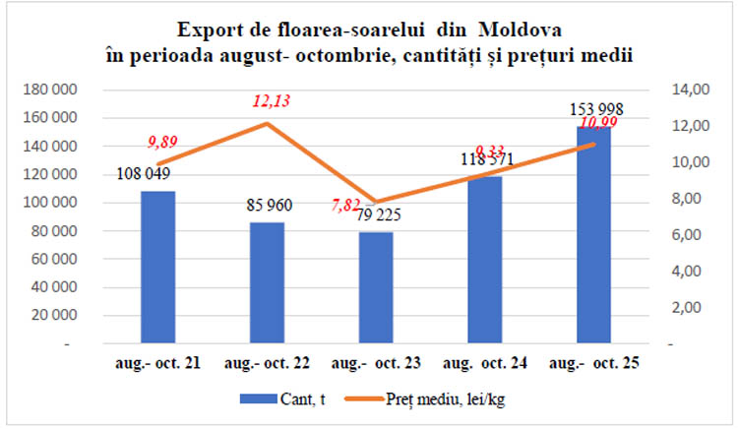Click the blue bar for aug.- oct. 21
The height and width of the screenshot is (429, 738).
(157, 268)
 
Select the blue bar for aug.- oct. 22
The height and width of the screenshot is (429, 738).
(268, 283)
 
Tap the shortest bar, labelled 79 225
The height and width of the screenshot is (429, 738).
(376, 287)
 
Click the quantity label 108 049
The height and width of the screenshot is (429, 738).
(145, 175)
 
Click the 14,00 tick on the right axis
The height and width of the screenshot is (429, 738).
(692, 90)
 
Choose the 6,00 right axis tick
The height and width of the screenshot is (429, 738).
(695, 235)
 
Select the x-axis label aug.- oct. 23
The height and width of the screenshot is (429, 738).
(376, 363)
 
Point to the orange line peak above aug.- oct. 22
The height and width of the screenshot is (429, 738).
(268, 124)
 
